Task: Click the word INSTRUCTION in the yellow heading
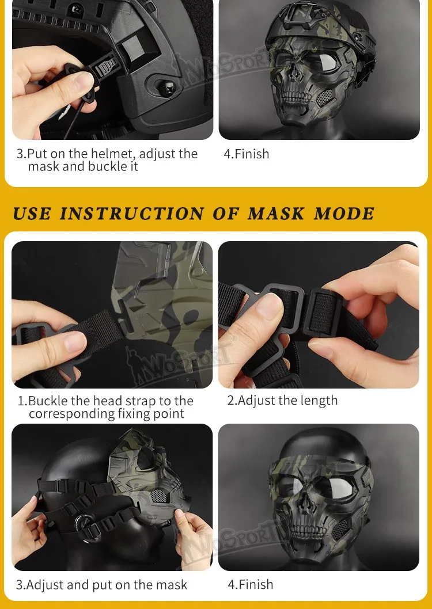(x=132, y=214)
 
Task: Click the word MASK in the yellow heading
(x=276, y=214)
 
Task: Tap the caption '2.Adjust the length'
(x=282, y=401)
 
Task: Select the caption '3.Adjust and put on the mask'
(x=101, y=584)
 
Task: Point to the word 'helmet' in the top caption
(x=113, y=154)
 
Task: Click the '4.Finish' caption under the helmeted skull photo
(x=247, y=154)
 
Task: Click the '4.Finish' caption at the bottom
(x=250, y=584)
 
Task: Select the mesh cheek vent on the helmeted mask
(x=324, y=97)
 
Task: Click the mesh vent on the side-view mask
(x=159, y=495)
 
